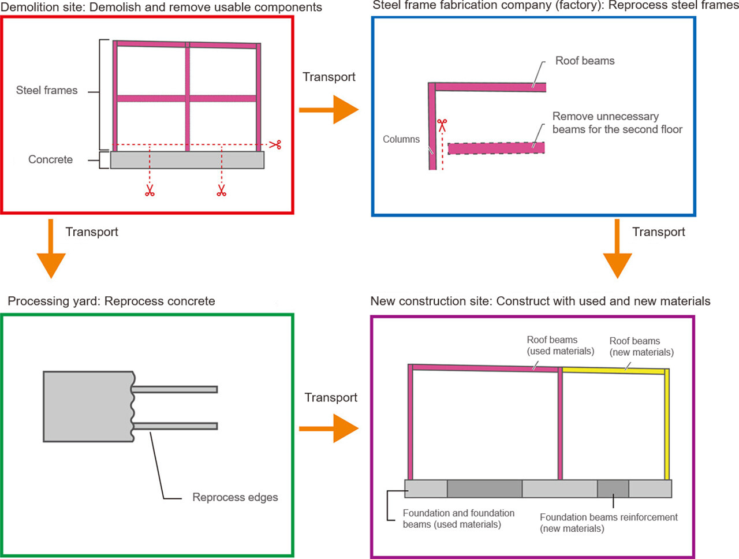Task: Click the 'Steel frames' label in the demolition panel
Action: click(x=47, y=90)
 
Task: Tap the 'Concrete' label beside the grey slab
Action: click(x=50, y=159)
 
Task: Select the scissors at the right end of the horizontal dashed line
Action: click(x=275, y=144)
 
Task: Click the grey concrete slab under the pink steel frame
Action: click(x=187, y=161)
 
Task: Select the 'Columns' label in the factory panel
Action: click(x=401, y=139)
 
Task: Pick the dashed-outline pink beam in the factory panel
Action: click(x=496, y=148)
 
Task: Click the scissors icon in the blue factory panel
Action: click(x=442, y=125)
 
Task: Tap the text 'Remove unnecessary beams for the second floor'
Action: click(x=617, y=123)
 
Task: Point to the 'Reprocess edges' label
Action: click(x=235, y=497)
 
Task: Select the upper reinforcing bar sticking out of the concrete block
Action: click(x=175, y=389)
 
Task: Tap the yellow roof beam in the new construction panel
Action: click(x=613, y=371)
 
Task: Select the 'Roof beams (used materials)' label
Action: click(x=560, y=345)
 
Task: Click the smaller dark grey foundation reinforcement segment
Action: click(x=613, y=489)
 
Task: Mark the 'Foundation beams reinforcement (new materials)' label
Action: click(x=609, y=523)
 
